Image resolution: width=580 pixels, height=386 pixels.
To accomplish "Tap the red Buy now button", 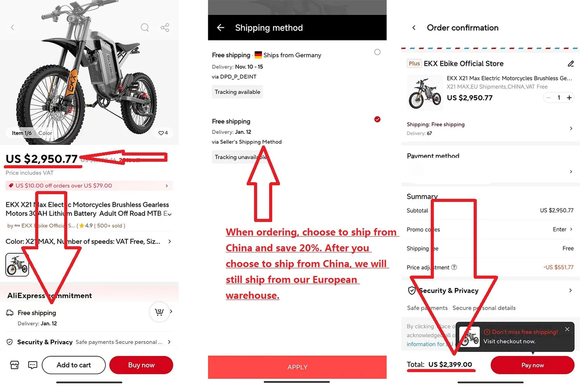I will click(141, 365).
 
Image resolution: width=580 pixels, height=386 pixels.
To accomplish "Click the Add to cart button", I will click(73, 365).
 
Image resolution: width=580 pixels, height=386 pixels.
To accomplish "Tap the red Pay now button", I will click(532, 365).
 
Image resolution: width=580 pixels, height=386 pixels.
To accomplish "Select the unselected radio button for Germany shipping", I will click(377, 52).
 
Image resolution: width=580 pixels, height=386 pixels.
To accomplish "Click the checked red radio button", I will click(377, 119).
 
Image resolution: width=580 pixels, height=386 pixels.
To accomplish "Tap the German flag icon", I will click(258, 55).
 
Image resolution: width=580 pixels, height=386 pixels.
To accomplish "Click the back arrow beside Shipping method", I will click(220, 28).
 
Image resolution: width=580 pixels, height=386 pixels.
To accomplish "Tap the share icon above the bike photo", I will click(165, 28).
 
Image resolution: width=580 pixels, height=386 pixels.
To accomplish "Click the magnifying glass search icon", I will click(145, 28).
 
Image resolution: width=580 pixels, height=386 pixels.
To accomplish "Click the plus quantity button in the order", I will click(569, 98).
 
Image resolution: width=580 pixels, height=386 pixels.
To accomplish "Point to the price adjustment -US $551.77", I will click(558, 267).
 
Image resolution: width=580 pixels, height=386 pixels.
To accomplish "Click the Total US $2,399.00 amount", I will click(450, 365).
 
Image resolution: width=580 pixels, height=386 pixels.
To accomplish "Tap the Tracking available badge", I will click(237, 92).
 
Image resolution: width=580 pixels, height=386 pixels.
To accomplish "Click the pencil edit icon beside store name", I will click(571, 64).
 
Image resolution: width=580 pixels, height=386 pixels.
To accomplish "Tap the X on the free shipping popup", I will click(567, 329).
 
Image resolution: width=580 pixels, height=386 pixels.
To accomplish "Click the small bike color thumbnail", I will click(17, 265).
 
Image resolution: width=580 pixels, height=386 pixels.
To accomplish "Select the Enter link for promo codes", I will click(560, 229).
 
